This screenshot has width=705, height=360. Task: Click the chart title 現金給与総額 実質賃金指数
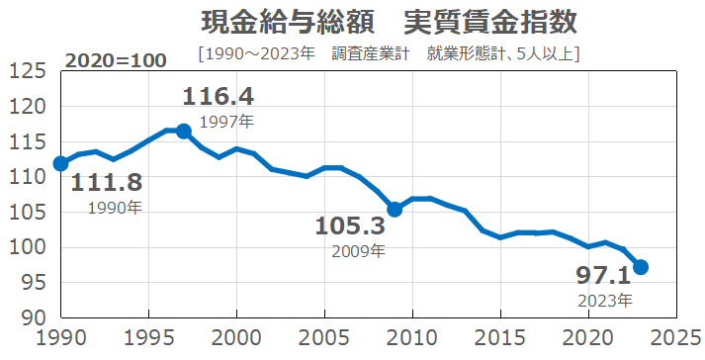(x=389, y=21)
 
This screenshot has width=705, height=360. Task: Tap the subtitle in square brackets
(x=389, y=52)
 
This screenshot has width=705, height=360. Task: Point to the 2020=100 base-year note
(x=116, y=60)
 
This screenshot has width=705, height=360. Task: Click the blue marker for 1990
(x=61, y=163)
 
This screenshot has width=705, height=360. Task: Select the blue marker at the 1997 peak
(x=184, y=131)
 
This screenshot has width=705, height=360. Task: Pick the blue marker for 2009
(x=395, y=209)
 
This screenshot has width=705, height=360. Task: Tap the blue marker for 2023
(x=641, y=267)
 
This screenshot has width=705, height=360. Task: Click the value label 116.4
(x=219, y=96)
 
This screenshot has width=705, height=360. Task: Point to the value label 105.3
(x=350, y=226)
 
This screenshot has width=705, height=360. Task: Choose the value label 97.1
(x=603, y=275)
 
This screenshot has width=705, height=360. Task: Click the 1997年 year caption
(x=225, y=122)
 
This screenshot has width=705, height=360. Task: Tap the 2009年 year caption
(x=357, y=251)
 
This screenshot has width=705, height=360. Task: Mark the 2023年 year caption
(x=604, y=299)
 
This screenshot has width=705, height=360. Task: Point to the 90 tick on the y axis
(x=34, y=317)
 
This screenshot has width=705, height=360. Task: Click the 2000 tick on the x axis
(x=237, y=339)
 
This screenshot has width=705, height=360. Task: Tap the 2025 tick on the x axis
(x=676, y=339)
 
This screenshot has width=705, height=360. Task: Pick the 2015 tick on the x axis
(x=500, y=339)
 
